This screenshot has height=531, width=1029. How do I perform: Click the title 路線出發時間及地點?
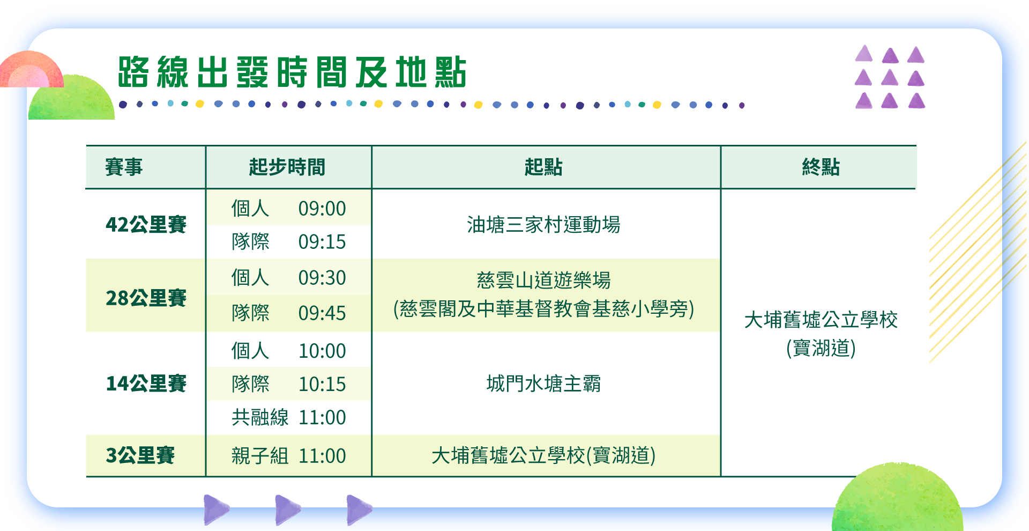(x=292, y=72)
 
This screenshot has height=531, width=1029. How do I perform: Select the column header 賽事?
(x=124, y=167)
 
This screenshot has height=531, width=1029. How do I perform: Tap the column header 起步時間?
(x=287, y=167)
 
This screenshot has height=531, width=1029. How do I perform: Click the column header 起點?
(x=543, y=167)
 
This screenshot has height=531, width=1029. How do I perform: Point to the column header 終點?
(x=821, y=167)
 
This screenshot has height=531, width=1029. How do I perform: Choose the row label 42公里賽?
(x=146, y=224)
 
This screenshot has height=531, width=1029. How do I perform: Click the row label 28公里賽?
(x=146, y=298)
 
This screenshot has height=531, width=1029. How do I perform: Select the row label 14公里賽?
(x=146, y=383)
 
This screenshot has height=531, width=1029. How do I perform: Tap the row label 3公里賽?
(x=140, y=455)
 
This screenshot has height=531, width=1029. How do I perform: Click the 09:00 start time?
(x=322, y=209)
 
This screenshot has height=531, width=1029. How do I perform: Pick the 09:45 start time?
(x=322, y=313)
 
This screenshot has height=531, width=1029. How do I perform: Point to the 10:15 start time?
(x=322, y=384)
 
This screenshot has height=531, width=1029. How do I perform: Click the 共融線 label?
(x=260, y=417)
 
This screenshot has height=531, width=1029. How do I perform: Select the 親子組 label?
(x=260, y=456)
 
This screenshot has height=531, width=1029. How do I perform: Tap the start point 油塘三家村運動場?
(x=543, y=225)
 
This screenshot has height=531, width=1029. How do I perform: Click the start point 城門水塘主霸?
(x=543, y=384)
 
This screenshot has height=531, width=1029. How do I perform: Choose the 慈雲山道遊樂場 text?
(x=543, y=280)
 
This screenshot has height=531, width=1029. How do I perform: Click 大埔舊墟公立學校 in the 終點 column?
(x=821, y=320)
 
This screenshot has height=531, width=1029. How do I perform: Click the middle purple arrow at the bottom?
(x=287, y=510)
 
